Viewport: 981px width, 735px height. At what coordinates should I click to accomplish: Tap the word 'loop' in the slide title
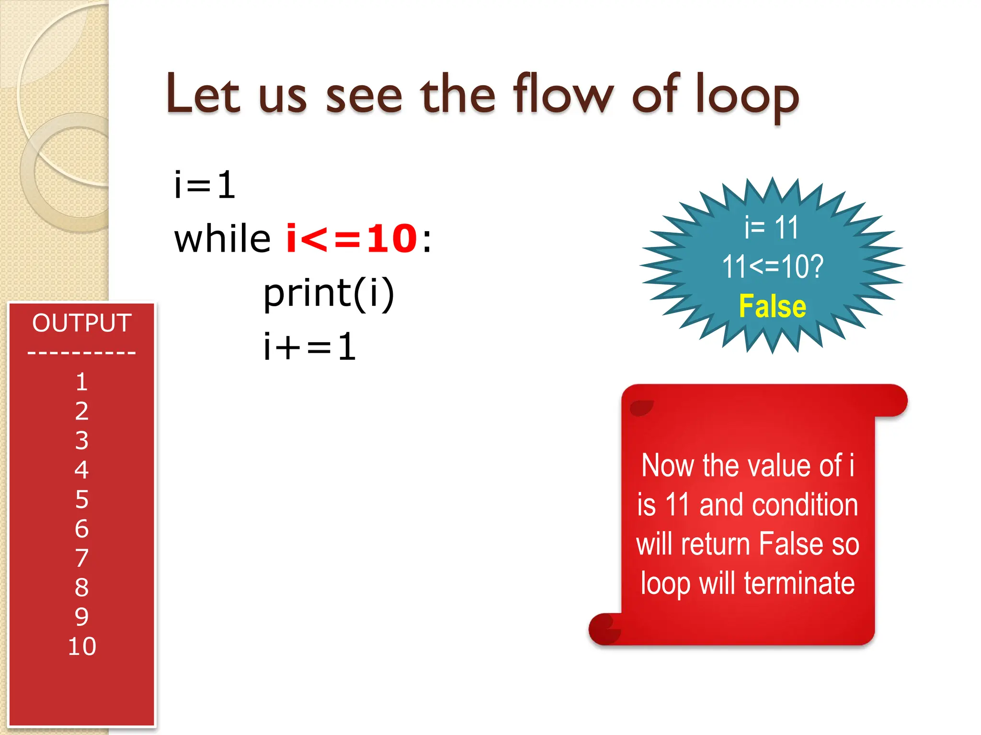click(747, 96)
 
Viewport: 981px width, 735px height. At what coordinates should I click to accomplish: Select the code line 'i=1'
click(205, 185)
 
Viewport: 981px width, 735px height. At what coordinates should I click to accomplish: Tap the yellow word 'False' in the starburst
click(772, 306)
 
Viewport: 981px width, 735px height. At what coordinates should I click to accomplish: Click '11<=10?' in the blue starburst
click(772, 267)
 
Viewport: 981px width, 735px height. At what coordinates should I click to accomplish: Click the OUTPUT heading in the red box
click(82, 323)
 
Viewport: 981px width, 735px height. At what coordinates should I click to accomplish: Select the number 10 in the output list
click(82, 646)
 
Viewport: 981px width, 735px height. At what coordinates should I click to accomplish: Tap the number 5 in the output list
click(82, 500)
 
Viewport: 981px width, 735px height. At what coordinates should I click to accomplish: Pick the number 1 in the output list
click(82, 382)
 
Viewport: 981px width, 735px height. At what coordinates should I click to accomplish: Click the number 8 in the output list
click(82, 588)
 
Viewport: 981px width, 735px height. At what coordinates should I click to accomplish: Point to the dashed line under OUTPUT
click(82, 353)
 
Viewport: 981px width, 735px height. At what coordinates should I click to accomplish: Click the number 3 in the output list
click(82, 441)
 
